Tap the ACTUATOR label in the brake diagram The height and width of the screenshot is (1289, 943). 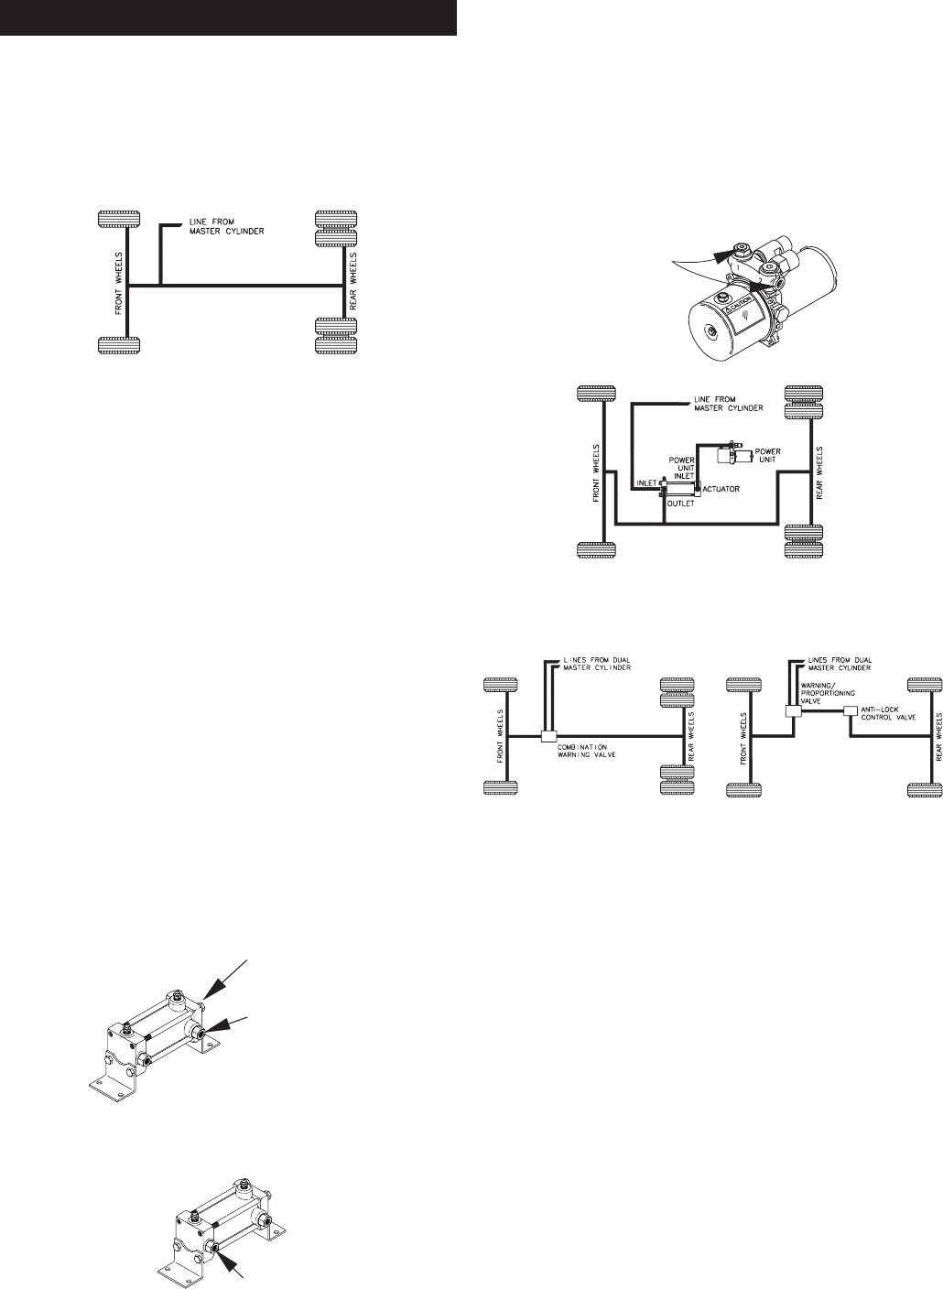point(721,488)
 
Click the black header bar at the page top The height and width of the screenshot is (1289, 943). point(228,18)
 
